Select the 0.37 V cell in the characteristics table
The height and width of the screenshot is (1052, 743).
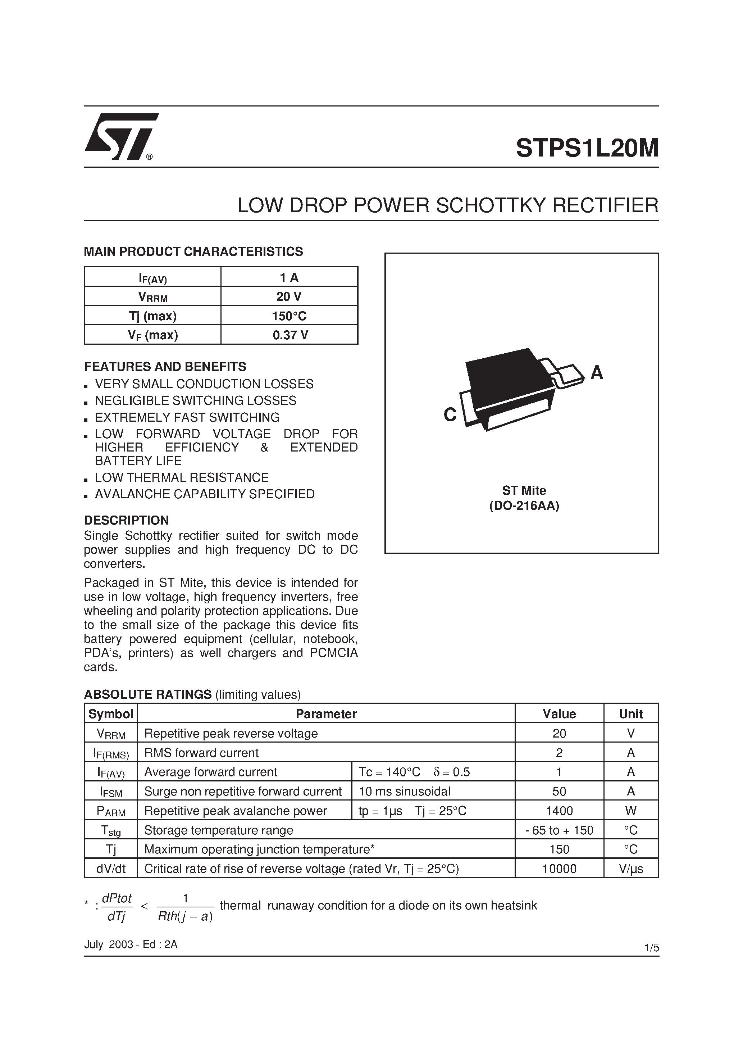tap(290, 335)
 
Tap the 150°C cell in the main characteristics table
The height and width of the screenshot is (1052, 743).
tap(290, 316)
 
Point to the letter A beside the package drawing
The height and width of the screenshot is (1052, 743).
tap(596, 373)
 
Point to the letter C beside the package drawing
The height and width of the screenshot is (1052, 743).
tap(450, 415)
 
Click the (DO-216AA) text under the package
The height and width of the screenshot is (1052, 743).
tap(524, 506)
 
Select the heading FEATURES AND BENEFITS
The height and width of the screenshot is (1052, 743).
tap(165, 367)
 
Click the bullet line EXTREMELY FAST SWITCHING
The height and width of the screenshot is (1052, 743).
tap(187, 417)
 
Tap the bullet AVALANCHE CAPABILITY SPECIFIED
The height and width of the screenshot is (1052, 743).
tap(204, 494)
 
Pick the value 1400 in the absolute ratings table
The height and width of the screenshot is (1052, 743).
tap(559, 811)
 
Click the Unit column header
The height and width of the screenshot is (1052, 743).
tap(630, 714)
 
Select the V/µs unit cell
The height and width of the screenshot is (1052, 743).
tap(630, 869)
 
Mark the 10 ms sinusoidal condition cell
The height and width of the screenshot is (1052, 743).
tap(405, 791)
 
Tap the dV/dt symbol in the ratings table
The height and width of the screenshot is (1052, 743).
tap(111, 869)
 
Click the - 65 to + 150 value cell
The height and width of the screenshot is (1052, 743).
tap(559, 830)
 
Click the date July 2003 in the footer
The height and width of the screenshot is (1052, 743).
tap(106, 944)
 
